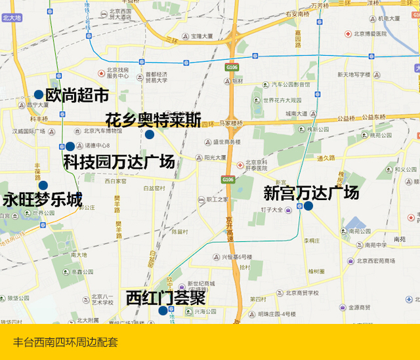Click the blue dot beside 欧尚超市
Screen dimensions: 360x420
(39, 94)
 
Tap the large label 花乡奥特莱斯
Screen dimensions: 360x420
(153, 120)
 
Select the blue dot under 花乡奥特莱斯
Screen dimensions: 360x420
(150, 134)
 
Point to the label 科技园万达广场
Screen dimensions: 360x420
(119, 161)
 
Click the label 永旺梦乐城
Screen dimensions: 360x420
(43, 199)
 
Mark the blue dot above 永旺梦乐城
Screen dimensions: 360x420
(43, 185)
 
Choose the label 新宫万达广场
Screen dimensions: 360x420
(311, 193)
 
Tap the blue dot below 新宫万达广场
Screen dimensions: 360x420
(308, 206)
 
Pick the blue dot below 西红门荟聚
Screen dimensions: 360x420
(163, 310)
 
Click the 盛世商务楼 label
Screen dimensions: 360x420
(226, 141)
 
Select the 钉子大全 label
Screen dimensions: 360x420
(271, 210)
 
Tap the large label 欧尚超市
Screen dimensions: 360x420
(77, 95)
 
